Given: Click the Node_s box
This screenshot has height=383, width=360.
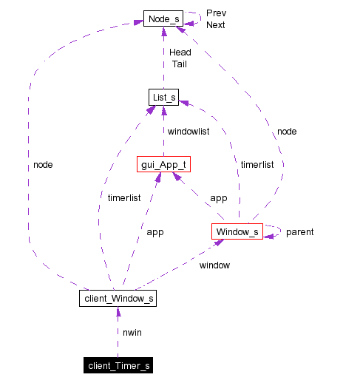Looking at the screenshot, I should coord(163,18).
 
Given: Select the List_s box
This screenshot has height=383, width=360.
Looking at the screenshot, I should coord(163,97).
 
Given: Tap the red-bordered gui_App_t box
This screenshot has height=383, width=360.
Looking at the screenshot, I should coord(163,165).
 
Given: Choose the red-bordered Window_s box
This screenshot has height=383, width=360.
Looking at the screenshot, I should coord(237,231).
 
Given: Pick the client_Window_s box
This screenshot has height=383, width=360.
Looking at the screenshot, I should coord(118,298).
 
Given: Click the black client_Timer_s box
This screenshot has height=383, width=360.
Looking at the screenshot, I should coord(118,365).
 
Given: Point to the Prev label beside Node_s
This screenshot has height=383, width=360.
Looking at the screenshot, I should coord(216,13).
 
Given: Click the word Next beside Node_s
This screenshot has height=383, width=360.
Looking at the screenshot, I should coord(216,24).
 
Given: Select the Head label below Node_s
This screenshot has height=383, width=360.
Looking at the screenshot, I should coord(180,52).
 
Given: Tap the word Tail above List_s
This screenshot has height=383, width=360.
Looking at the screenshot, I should coord(179,64).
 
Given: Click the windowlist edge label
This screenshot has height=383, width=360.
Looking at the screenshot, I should coord(189,131).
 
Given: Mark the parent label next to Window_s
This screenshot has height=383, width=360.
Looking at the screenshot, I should coord(299,231).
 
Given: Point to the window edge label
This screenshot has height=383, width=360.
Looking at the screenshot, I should coord(215,265).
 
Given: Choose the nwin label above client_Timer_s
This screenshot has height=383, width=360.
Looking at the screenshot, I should coord(132,332).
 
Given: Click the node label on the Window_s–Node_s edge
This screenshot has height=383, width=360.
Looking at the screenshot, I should coord(287,131).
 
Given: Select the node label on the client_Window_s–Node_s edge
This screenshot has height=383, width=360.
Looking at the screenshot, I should coord(43,164).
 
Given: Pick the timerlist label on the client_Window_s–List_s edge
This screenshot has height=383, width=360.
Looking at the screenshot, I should coord(123,198).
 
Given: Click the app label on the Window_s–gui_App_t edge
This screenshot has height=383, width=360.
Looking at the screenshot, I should coord(218,198).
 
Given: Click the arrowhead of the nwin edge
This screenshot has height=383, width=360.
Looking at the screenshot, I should coord(118,312).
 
